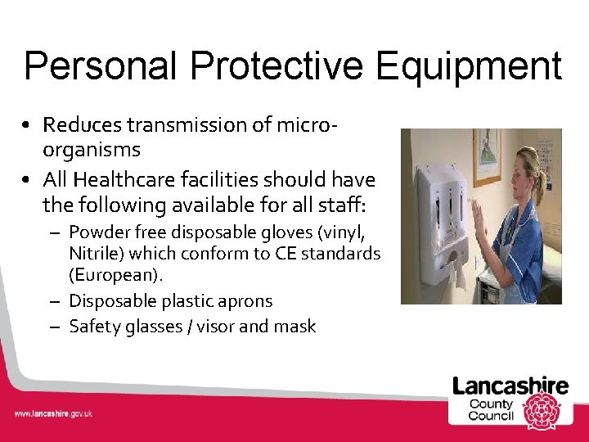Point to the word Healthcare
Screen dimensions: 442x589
(x=128, y=179)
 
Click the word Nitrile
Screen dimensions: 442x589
(x=93, y=254)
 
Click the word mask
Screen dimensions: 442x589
(x=295, y=327)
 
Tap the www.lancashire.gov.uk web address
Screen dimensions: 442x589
(x=53, y=413)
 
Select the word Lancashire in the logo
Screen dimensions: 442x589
(x=511, y=386)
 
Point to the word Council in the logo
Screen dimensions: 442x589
(x=491, y=416)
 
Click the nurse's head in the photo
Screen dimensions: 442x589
(x=526, y=168)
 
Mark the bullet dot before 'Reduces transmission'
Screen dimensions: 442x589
(x=28, y=126)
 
